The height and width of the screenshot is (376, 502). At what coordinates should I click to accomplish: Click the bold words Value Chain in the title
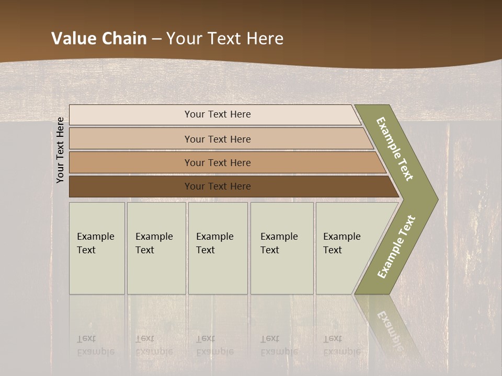coord(99,39)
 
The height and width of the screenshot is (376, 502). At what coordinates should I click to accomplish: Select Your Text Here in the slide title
coord(225,39)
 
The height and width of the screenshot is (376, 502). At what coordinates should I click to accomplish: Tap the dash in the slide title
coord(156,39)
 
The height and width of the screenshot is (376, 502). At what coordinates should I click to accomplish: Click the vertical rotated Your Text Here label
coord(60,150)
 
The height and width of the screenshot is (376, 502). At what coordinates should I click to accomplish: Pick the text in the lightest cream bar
coord(218,114)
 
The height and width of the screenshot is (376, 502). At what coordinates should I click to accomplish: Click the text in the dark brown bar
coord(218,186)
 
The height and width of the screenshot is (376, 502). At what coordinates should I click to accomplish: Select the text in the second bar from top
coord(218,139)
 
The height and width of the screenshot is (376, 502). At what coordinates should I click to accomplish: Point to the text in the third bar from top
coord(218,163)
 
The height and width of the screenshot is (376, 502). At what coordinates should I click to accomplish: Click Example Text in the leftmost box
coord(95,243)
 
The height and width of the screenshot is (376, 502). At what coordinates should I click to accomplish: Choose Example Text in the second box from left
coord(154,243)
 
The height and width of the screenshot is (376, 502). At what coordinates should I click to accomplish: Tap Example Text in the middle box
coord(214,243)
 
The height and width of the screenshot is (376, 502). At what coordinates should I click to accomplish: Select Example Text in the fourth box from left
coord(279,243)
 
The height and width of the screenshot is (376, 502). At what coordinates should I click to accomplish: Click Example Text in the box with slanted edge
coord(341,243)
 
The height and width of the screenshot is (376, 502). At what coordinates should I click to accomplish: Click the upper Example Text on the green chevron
coord(395,149)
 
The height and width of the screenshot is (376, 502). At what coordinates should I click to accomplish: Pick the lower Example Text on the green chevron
coord(396,247)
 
